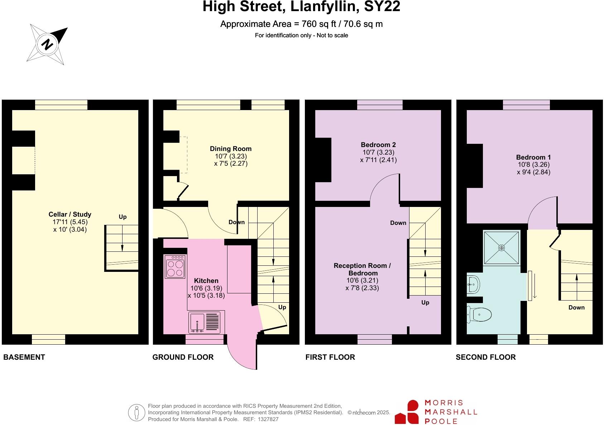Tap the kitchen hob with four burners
point(175,266)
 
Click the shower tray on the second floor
point(502,248)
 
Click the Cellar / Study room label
point(70,214)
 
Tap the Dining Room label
point(231,149)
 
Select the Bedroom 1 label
point(533,157)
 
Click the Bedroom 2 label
point(378,145)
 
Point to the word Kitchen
point(206,281)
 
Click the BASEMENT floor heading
point(24,357)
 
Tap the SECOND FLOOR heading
point(485,357)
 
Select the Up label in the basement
point(123,217)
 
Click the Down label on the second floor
point(576,307)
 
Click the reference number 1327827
point(266,419)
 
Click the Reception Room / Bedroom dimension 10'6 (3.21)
point(362,280)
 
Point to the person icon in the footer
point(136,413)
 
